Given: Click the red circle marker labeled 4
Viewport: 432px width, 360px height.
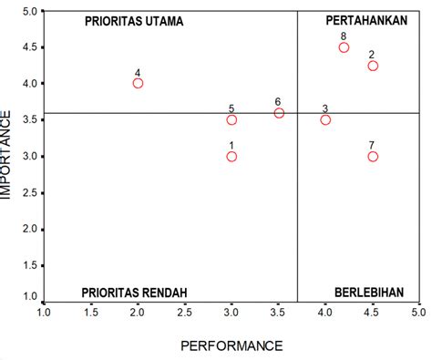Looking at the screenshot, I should tap(138, 83).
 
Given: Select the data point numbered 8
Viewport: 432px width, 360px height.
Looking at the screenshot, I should tap(344, 47).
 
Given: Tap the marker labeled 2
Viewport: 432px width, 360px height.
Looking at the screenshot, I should tap(373, 66).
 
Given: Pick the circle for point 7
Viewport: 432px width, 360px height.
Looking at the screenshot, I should tap(373, 156).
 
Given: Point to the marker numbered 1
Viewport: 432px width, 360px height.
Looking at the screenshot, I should tap(231, 156).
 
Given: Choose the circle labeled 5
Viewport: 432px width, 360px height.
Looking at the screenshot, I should tap(231, 119).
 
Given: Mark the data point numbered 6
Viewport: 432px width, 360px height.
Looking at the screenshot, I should tap(279, 113).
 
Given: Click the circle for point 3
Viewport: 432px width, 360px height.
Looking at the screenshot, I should tap(325, 119).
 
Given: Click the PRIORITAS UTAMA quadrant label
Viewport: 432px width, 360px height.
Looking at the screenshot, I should tap(133, 20).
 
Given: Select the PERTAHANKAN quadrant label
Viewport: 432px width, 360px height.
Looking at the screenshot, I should tap(365, 20).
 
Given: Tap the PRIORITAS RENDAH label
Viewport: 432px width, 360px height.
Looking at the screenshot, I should tap(134, 293).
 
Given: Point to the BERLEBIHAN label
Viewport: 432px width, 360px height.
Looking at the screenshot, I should tap(365, 293).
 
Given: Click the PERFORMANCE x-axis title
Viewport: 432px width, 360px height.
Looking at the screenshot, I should tap(231, 345).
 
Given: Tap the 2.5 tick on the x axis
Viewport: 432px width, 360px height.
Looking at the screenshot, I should tap(184, 313).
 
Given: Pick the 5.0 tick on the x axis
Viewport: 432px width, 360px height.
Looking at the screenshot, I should tap(418, 313).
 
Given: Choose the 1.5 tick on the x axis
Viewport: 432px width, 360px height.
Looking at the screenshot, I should tap(90, 313).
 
